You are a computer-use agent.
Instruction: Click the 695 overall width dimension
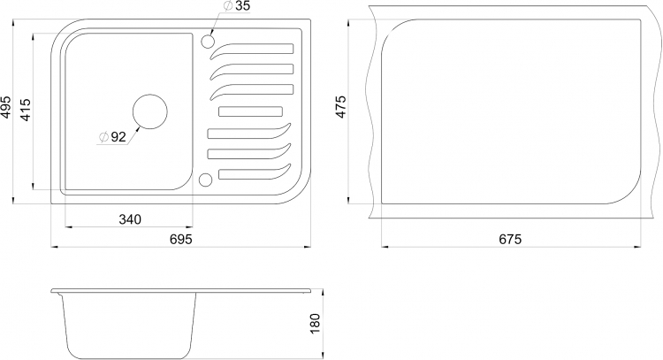181,239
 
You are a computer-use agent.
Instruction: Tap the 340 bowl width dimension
130,219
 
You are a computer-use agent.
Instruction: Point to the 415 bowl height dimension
26,110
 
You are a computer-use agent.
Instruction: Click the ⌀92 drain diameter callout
112,137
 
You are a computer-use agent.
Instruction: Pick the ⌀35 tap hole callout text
236,6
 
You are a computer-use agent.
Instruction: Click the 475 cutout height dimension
341,107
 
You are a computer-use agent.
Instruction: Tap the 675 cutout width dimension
510,239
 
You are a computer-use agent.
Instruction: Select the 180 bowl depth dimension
316,324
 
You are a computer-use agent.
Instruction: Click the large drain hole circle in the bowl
150,111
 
